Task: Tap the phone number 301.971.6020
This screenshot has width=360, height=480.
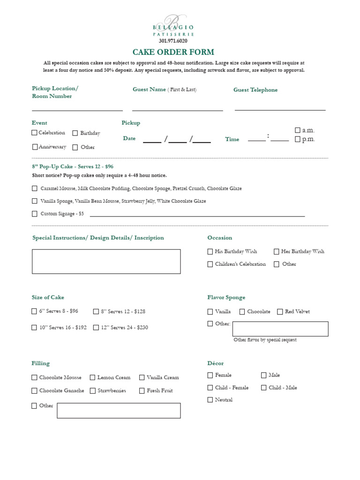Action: [x=173, y=41]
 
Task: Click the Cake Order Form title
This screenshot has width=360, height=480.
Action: [x=173, y=52]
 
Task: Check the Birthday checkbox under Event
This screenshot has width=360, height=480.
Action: [x=75, y=133]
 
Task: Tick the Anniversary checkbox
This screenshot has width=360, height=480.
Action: [x=35, y=147]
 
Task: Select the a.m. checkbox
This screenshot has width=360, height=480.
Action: [x=297, y=130]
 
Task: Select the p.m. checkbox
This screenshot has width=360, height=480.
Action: [x=297, y=139]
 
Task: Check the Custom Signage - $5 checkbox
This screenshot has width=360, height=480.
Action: [x=35, y=214]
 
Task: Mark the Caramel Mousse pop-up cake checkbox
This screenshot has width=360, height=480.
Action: [x=35, y=188]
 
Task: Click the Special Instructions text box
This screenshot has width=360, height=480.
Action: [x=106, y=262]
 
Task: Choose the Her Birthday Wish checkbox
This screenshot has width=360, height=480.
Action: [x=277, y=251]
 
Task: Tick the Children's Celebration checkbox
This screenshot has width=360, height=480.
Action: [x=210, y=264]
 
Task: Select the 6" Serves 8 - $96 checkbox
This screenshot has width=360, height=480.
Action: [x=34, y=311]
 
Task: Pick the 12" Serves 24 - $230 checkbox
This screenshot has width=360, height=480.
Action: [x=96, y=328]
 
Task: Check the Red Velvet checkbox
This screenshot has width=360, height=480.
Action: [x=280, y=312]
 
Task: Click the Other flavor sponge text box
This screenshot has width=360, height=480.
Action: [x=280, y=329]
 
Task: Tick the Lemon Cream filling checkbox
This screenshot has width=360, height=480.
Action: [x=93, y=377]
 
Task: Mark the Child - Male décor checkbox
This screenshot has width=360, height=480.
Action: [x=264, y=388]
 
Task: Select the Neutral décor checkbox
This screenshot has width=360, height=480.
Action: [x=210, y=400]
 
